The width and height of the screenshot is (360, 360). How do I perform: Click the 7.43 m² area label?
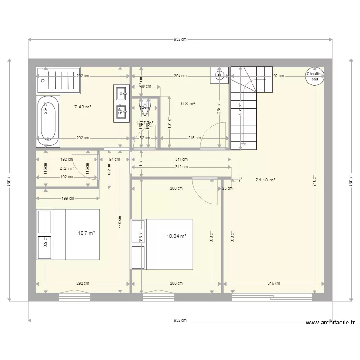[x=83, y=107]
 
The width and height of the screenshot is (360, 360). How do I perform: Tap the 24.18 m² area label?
[x=265, y=180]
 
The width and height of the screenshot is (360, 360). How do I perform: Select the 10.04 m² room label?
[x=176, y=236]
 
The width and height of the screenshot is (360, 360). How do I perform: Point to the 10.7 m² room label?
[x=86, y=234]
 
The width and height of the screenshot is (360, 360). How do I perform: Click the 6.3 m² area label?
[x=188, y=103]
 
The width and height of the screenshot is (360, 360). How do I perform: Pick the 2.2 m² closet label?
[x=66, y=168]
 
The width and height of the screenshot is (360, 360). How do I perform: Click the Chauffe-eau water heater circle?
[x=315, y=77]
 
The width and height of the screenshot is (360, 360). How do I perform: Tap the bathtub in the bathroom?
[x=48, y=121]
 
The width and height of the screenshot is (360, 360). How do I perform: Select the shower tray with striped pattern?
[x=60, y=80]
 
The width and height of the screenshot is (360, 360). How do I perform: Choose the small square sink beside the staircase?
[x=219, y=74]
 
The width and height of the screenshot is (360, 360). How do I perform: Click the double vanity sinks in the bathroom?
[x=120, y=102]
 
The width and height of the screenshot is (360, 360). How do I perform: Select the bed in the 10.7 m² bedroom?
[x=68, y=234]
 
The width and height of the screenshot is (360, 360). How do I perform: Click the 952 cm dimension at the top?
[x=180, y=40]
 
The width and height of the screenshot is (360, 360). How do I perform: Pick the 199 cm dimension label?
[x=68, y=198]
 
